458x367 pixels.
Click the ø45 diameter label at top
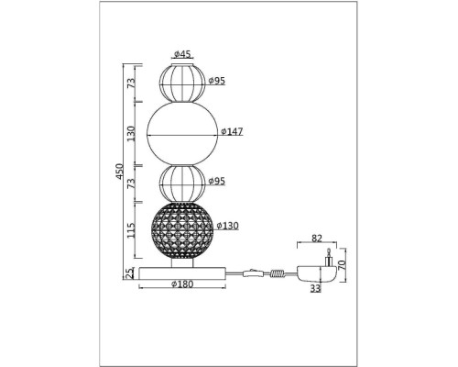(182, 54)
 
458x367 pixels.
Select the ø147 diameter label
(232, 131)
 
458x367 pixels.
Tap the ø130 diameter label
(227, 226)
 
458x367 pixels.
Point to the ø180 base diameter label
(182, 284)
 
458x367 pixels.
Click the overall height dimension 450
(120, 172)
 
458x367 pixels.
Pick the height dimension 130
(131, 133)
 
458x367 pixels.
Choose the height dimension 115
(131, 230)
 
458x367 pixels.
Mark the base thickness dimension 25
(130, 273)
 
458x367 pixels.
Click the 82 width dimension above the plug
(317, 239)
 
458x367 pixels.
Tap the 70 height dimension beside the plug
(342, 264)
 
